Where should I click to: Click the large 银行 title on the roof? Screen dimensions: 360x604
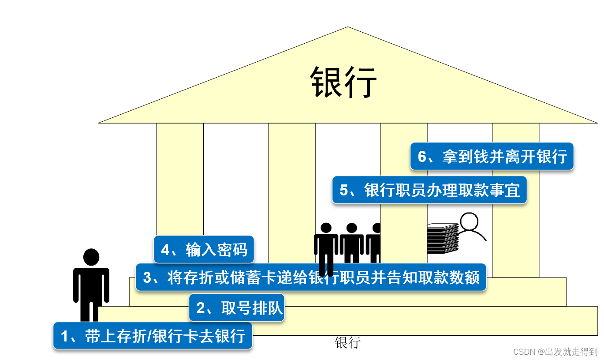(x=344, y=82)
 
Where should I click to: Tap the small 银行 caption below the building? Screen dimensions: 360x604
(x=347, y=342)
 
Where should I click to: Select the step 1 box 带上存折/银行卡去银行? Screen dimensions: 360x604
(x=153, y=336)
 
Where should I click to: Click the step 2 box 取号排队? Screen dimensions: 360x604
(x=236, y=308)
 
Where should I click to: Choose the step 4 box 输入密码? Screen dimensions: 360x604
(x=204, y=250)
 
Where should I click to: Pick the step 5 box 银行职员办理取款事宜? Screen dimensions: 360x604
(x=429, y=190)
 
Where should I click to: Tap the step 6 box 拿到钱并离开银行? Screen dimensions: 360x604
(x=492, y=156)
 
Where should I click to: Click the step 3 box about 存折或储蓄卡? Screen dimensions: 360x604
(x=311, y=277)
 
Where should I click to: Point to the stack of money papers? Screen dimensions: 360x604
(x=442, y=239)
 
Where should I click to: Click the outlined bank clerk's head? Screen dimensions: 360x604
(x=469, y=222)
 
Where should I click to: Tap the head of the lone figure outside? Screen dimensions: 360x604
(x=91, y=257)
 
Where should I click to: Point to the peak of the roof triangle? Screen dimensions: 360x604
(x=348, y=28)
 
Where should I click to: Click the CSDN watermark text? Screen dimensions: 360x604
(x=555, y=352)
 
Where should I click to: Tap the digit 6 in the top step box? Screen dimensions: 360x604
(x=422, y=157)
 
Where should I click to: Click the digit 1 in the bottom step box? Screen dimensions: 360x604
(x=65, y=336)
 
